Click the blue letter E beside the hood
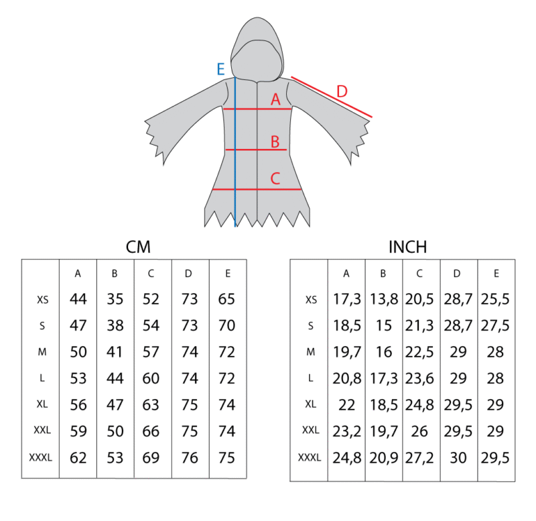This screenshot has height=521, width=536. tap(221, 70)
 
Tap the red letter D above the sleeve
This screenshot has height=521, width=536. tap(342, 91)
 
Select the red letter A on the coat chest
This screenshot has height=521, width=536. tap(275, 99)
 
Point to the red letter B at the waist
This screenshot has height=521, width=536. tap(275, 141)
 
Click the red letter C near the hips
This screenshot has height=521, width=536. tap(275, 178)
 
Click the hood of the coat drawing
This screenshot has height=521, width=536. tap(257, 48)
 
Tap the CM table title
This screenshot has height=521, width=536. tap(138, 247)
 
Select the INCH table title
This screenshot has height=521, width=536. tap(408, 247)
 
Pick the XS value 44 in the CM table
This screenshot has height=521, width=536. tap(78, 299)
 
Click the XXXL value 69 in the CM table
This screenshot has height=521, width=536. tap(151, 458)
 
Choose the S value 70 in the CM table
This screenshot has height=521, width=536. tap(226, 325)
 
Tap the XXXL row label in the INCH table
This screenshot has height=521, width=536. tap(310, 457)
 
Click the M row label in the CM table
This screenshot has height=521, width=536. tap(42, 351)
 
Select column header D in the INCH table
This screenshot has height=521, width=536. tap(457, 274)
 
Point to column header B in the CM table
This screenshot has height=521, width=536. tap(115, 274)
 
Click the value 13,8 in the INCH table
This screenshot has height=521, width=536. tap(384, 299)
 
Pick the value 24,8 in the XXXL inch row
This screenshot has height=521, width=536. tap(346, 458)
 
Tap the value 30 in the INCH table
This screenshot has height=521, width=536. tap(458, 458)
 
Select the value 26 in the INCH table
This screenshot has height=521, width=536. tap(419, 431)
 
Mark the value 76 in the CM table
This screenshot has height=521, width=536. tap(190, 458)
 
